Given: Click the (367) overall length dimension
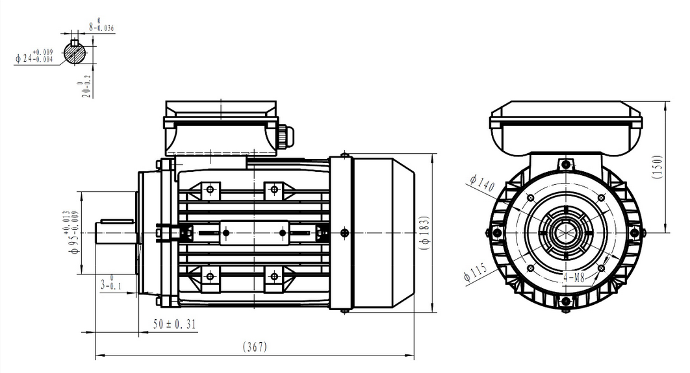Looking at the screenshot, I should (x=255, y=347).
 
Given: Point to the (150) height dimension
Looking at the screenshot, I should (x=677, y=166).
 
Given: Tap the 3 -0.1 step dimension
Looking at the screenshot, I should (x=111, y=283).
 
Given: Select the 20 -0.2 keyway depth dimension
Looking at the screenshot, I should (x=83, y=88).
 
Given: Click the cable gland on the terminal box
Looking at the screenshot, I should (x=286, y=136).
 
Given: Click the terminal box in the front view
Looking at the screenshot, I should (x=565, y=126).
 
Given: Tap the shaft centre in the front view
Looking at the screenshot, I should (x=565, y=232).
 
